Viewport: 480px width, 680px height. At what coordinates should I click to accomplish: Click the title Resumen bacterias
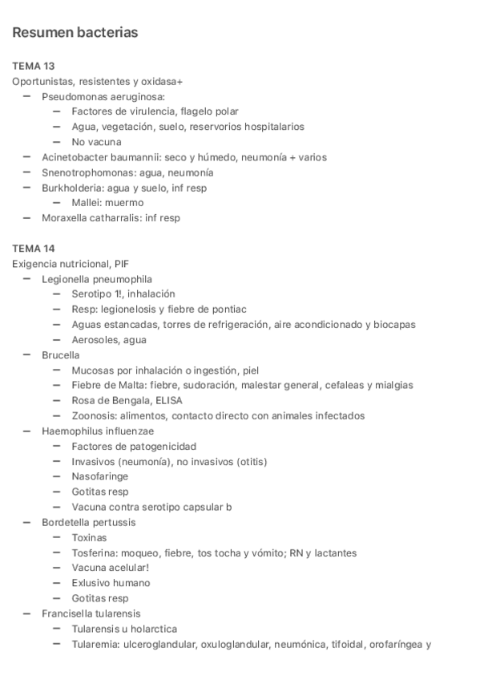pos(75,33)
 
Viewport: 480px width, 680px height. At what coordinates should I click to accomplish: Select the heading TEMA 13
pos(34,66)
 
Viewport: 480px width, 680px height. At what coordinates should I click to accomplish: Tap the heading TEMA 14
pos(34,249)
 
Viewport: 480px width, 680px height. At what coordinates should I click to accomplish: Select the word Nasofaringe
pos(100,477)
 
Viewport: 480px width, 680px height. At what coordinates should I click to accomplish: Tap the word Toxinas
pos(89,538)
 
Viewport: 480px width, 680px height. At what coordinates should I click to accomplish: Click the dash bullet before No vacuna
pos(57,142)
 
